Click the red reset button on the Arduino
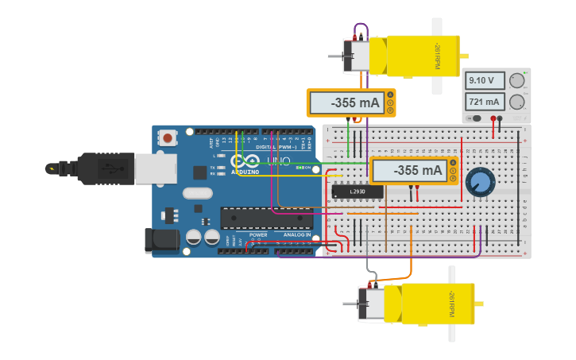pyautogui.click(x=168, y=138)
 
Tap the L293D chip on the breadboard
pyautogui.click(x=357, y=192)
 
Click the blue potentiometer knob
pyautogui.click(x=479, y=182)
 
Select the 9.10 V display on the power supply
pyautogui.click(x=485, y=80)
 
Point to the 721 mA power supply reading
pyautogui.click(x=485, y=102)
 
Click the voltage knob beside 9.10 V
pyautogui.click(x=517, y=80)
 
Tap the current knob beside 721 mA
pyautogui.click(x=517, y=102)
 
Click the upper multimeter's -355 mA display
pyautogui.click(x=345, y=103)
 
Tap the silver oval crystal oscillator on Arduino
pyautogui.click(x=199, y=192)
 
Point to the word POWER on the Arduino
pyautogui.click(x=258, y=235)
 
